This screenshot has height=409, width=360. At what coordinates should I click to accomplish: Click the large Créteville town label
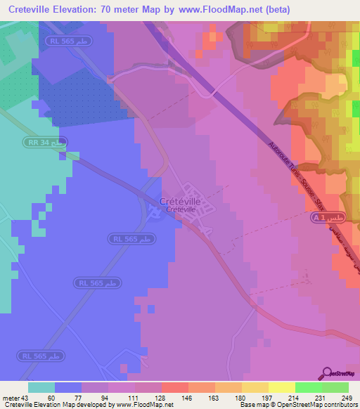point(180,201)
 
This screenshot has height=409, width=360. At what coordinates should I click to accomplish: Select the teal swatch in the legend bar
point(41,388)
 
